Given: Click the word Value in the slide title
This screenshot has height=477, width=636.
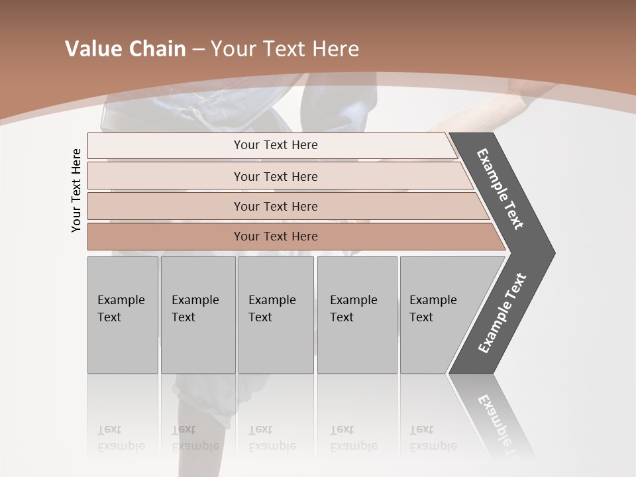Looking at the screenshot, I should coord(93,49).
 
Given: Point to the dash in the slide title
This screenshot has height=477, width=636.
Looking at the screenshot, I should coord(198,50).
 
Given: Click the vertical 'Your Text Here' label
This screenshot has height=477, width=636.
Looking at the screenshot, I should coord(76,191).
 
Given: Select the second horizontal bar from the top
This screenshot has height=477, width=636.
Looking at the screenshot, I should coord(275,176).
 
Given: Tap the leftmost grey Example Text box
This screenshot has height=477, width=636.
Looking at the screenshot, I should coord(123,315).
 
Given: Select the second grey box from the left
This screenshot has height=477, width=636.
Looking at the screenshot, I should coord(198,315).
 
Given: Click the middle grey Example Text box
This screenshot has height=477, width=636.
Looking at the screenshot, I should coord(276,315).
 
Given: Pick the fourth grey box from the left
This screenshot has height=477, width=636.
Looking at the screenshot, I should coord(357,315).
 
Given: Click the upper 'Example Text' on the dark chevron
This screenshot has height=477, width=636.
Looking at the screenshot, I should coord(500,189).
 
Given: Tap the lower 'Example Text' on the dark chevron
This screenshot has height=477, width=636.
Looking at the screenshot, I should coord(502,313).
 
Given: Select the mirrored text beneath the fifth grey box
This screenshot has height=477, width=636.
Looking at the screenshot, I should coord(433,439).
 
